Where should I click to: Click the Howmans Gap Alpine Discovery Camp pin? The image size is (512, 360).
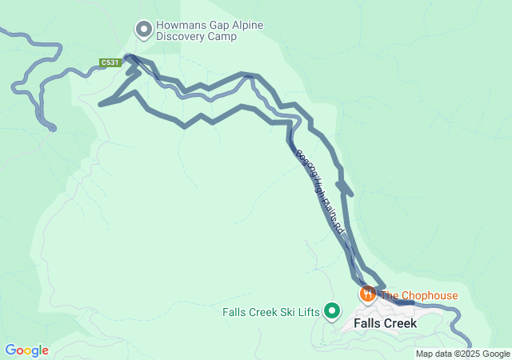point(144,30)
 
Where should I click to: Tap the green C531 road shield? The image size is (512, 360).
point(110,62)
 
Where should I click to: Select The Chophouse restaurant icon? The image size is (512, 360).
point(368,294)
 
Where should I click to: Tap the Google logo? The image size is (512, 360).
point(26,350)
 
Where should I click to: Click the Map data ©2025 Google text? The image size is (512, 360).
point(462,354)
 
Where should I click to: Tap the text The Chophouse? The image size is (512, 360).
point(419,295)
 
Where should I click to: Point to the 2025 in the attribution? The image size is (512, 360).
point(471,354)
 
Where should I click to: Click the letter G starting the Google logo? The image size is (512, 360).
point(10,350)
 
